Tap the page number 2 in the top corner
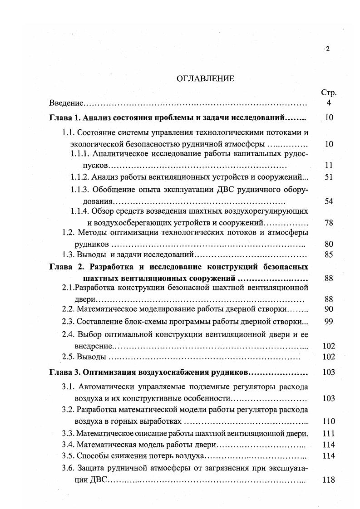(x=327, y=49)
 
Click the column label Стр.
(x=329, y=93)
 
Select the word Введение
(x=65, y=103)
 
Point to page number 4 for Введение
(x=329, y=103)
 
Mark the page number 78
(x=329, y=223)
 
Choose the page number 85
(x=329, y=254)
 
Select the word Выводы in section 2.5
(x=91, y=357)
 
